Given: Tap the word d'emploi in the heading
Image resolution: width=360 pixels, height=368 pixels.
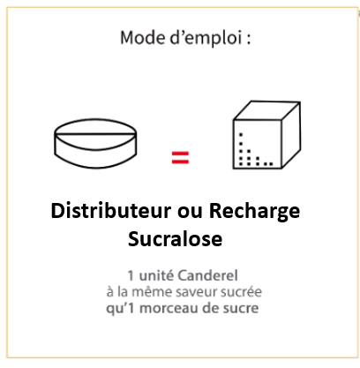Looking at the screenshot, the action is click(x=206, y=39).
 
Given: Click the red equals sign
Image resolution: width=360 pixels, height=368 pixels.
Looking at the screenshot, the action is click(x=180, y=157).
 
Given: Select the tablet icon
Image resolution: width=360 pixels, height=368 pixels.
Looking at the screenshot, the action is click(x=95, y=144).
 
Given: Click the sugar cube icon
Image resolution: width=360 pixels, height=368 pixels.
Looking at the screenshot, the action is click(x=266, y=135).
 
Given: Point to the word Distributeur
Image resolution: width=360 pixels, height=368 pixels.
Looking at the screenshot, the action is click(x=111, y=211).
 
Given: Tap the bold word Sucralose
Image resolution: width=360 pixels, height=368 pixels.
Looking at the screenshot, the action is click(x=175, y=238).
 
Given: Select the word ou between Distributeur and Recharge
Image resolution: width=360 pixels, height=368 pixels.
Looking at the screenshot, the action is click(x=190, y=213).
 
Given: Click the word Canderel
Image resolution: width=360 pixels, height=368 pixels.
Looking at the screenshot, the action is click(x=208, y=275).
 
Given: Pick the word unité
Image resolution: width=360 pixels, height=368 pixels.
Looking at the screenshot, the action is click(x=156, y=275).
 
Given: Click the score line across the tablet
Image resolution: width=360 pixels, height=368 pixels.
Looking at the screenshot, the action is click(x=95, y=133).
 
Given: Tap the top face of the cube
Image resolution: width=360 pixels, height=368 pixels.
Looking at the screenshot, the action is click(x=266, y=110).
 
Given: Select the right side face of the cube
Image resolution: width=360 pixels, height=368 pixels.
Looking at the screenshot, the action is click(x=291, y=135).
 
